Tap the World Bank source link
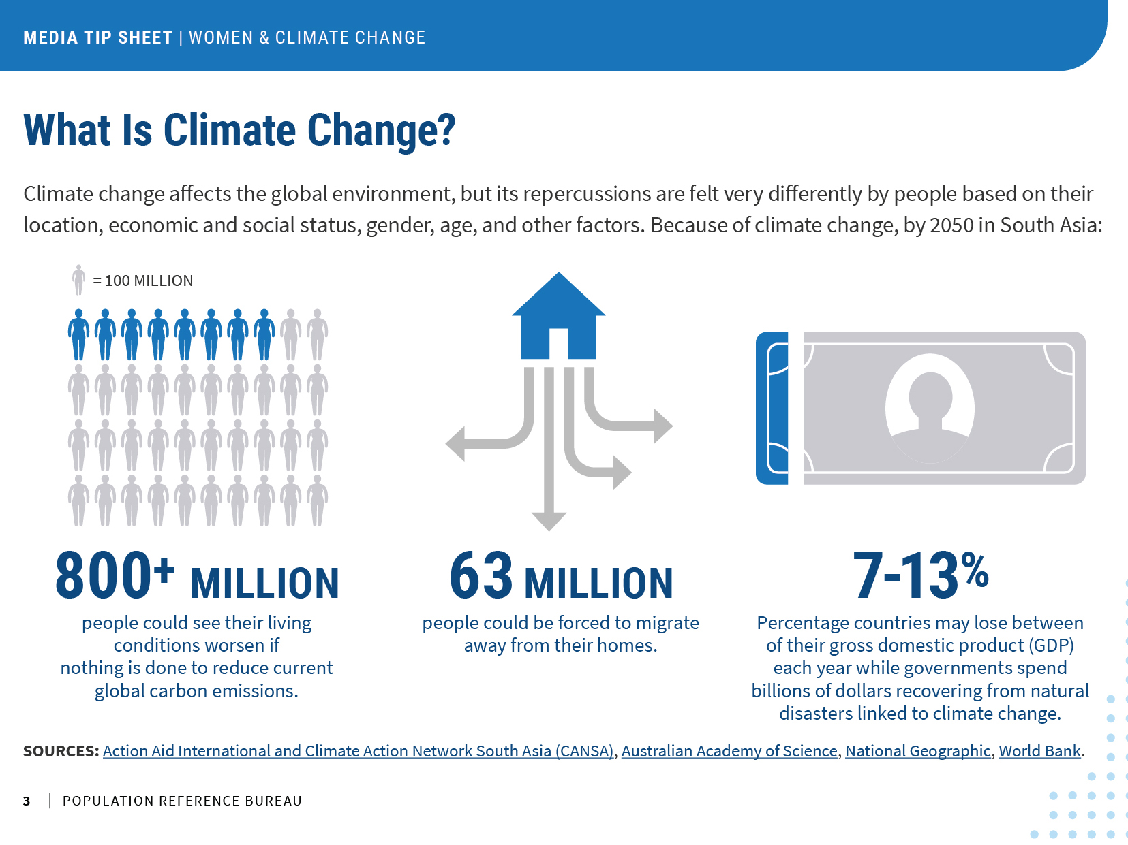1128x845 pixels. pyautogui.click(x=1039, y=751)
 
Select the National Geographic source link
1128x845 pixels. pyautogui.click(x=917, y=751)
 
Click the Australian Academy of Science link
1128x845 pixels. pyautogui.click(x=729, y=751)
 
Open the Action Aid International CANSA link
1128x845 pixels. pyautogui.click(x=358, y=751)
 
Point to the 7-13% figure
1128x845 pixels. pyautogui.click(x=920, y=576)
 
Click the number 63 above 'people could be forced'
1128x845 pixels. pyautogui.click(x=481, y=576)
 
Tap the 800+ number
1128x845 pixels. pyautogui.click(x=115, y=576)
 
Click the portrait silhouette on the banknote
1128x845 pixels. pyautogui.click(x=930, y=409)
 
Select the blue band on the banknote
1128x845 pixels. pyautogui.click(x=772, y=409)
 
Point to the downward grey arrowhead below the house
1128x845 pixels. pyautogui.click(x=549, y=521)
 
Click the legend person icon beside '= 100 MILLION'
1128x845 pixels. pyautogui.click(x=79, y=280)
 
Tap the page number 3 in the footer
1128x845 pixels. pyautogui.click(x=27, y=801)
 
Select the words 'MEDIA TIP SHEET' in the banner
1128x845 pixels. pyautogui.click(x=98, y=37)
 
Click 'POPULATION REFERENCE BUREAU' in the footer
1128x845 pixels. pyautogui.click(x=182, y=801)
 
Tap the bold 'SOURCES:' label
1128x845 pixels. pyautogui.click(x=61, y=751)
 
